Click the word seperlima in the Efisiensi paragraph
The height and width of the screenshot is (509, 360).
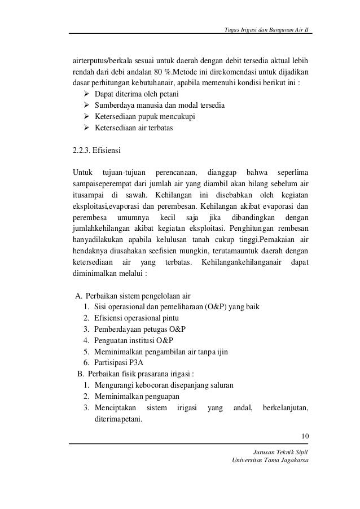tap(290, 172)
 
